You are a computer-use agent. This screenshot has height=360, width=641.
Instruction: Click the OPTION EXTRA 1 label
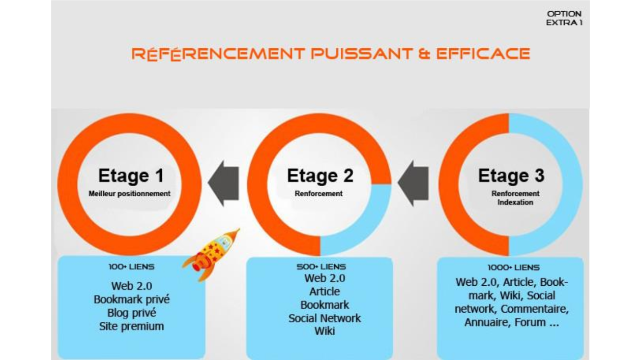564,18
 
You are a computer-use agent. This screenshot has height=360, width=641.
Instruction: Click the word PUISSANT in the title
362,54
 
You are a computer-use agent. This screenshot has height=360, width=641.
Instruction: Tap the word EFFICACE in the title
483,54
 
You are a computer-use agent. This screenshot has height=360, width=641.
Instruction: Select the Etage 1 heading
131,175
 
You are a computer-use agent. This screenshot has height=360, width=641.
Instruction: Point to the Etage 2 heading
320,175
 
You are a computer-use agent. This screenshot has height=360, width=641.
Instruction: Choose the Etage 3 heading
511,175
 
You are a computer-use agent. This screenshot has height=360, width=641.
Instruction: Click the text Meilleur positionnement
129,194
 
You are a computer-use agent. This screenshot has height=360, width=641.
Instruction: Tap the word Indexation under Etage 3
515,202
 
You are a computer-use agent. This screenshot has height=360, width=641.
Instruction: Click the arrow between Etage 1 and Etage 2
223,183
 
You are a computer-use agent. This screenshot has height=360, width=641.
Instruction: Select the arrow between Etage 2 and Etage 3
413,183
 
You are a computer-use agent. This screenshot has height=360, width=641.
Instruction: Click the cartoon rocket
211,254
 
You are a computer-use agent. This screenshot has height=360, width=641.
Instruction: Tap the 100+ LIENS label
131,267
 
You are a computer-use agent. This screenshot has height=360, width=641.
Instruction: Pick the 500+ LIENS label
321,267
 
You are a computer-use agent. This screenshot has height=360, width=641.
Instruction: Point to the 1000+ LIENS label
514,267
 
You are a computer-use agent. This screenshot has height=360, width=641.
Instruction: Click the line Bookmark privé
132,299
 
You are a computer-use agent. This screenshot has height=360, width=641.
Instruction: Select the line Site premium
132,326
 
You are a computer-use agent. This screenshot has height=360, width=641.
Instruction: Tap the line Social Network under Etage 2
325,318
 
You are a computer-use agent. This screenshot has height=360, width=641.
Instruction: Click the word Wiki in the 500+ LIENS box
325,331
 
